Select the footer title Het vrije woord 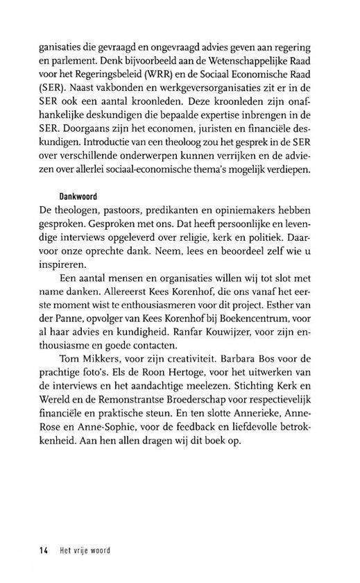point(84,552)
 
